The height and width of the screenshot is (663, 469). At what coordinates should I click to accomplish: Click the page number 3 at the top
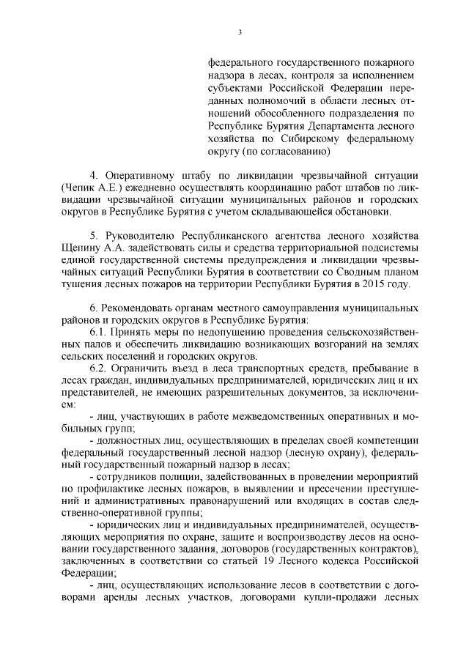coord(240,32)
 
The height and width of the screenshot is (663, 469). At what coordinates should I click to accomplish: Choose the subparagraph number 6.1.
coord(97,336)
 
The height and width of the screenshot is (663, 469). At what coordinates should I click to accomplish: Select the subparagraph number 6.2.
coord(97,376)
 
